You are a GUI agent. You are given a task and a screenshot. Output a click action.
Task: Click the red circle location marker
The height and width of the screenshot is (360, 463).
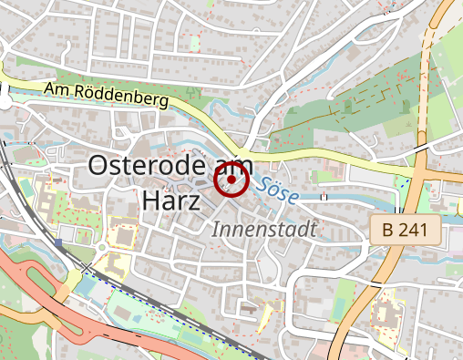231,180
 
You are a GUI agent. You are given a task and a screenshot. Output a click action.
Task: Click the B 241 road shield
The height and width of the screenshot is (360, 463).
406,230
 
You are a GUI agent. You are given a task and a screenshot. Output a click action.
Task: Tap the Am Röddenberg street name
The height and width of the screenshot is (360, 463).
107,94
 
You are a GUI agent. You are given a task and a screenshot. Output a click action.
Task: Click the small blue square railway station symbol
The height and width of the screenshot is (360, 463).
59,243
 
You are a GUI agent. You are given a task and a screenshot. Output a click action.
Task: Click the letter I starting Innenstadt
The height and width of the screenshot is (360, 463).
216,230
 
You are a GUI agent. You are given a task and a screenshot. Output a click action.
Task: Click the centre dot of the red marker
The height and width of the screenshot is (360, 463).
231,180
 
